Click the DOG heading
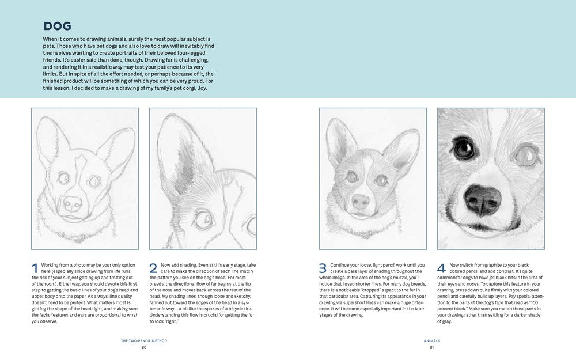[x=57, y=26]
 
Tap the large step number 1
[x=35, y=268]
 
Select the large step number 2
[x=153, y=268]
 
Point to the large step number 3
[x=323, y=268]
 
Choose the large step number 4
[x=441, y=268]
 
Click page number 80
[x=144, y=347]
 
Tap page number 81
[x=431, y=347]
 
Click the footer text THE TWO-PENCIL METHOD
[x=144, y=340]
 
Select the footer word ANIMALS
[x=431, y=340]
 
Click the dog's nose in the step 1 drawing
[x=73, y=203]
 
